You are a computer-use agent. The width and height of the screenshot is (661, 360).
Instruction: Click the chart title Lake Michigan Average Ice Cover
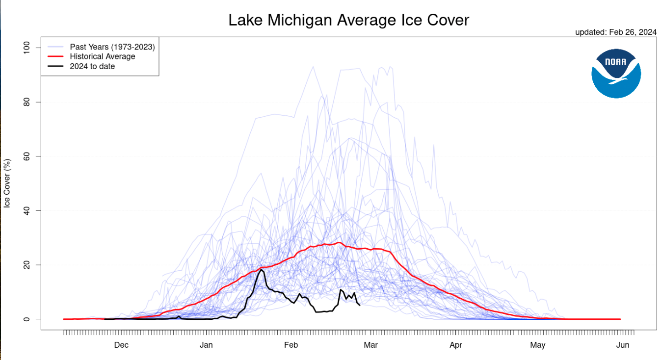349,20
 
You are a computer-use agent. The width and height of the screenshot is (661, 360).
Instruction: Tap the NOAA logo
616,73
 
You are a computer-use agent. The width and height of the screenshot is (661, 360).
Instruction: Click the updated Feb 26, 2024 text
615,32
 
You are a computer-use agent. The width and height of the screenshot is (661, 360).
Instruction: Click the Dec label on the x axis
121,345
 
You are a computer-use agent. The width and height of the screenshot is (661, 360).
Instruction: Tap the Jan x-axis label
206,345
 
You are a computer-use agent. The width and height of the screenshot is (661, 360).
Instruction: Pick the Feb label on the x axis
291,345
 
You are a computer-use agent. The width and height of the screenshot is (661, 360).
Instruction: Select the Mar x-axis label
370,345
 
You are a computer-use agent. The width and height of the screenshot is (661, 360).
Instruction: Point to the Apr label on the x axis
456,345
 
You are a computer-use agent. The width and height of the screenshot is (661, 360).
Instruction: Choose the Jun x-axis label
622,345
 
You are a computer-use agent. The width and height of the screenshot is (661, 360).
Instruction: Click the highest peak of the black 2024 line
262,270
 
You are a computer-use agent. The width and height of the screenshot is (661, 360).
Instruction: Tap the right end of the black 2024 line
360,305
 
